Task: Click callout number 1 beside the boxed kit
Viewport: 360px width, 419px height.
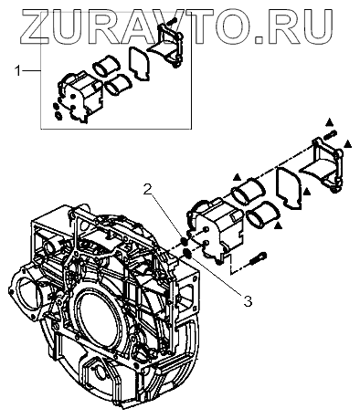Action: (18, 71)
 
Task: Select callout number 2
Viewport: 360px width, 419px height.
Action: (147, 190)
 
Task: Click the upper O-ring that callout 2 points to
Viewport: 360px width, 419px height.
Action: (184, 241)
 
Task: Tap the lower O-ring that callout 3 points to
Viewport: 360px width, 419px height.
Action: (187, 253)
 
